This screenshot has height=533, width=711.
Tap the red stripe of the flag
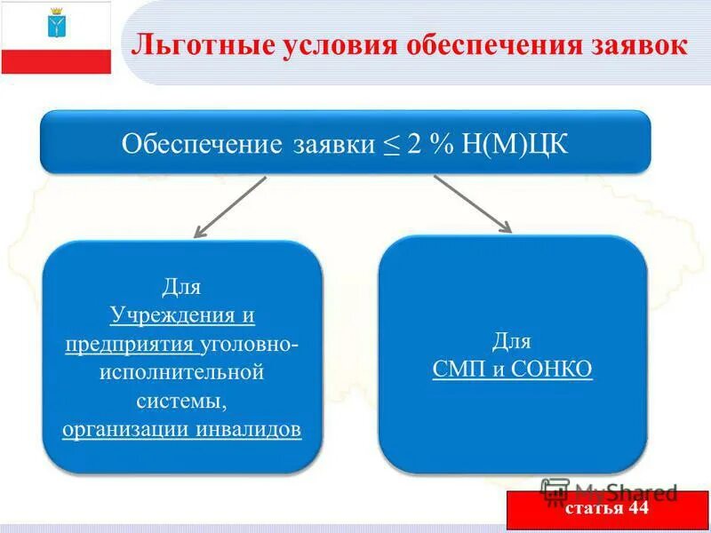pos(56,61)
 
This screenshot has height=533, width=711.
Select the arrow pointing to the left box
pos(229,207)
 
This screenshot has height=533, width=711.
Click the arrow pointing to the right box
pos(473,203)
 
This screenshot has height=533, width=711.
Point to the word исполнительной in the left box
pos(181,372)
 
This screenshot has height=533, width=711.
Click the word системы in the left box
pos(181,401)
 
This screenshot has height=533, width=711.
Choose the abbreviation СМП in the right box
pos(458,370)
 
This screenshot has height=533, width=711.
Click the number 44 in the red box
pos(637,509)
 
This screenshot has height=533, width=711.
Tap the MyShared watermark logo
pos(555,491)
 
